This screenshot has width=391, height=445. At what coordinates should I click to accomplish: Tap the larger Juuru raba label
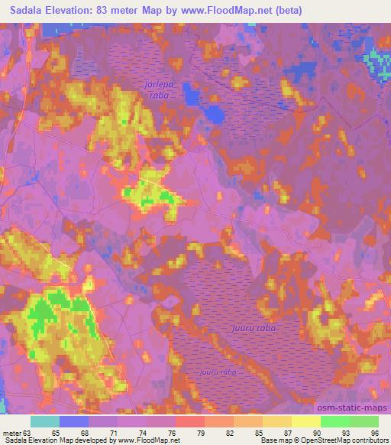click(x=250, y=327)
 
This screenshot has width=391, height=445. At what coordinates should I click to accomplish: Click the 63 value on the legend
click(x=27, y=432)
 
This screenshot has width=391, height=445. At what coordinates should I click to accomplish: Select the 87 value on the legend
click(x=288, y=432)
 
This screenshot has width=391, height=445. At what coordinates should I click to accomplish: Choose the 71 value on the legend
click(x=114, y=432)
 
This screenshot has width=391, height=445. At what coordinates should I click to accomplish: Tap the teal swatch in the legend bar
click(x=45, y=421)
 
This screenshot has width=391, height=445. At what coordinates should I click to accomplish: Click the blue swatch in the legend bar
click(x=74, y=421)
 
